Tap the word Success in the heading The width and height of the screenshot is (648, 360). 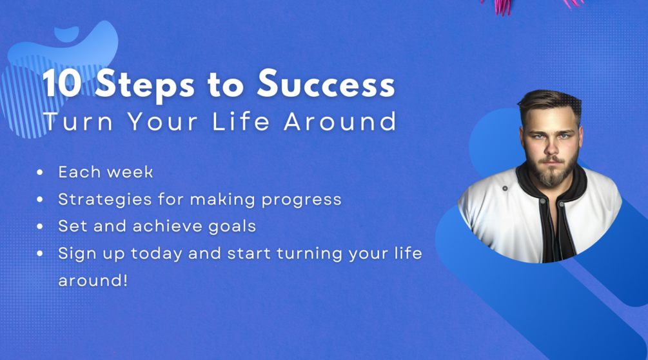point(326,85)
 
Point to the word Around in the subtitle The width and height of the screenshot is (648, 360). point(341,122)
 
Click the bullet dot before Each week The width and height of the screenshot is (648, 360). point(41,173)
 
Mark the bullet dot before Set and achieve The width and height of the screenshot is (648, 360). point(41,227)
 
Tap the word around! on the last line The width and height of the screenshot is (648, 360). point(93,281)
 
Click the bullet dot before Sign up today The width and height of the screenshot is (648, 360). point(41,254)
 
